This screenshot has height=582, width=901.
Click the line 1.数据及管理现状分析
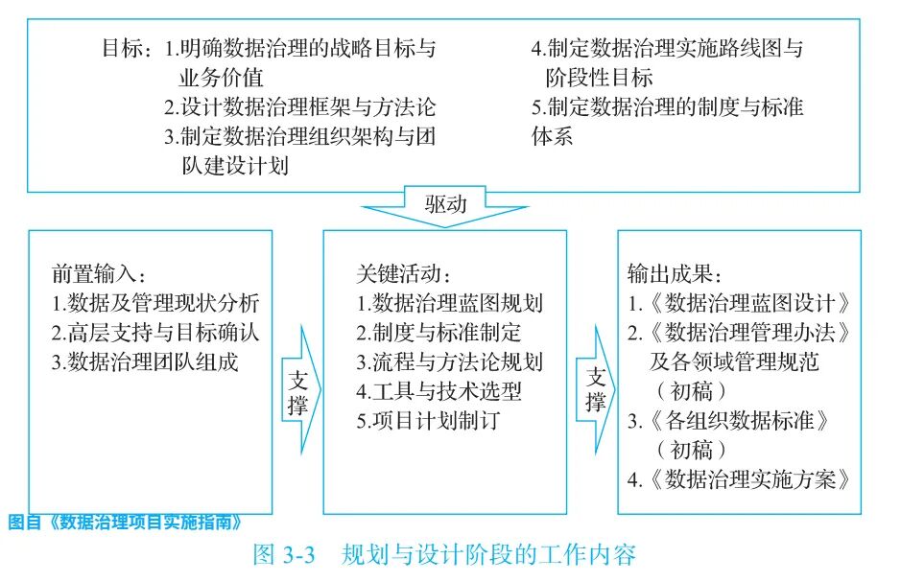(156, 305)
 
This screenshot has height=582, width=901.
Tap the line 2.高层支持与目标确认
(156, 334)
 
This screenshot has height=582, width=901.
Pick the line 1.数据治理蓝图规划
(449, 305)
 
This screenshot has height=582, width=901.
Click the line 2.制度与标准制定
(439, 334)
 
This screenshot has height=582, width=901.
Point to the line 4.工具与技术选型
(439, 392)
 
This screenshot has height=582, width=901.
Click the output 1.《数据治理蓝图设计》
(739, 305)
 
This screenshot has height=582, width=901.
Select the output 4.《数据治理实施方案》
(739, 479)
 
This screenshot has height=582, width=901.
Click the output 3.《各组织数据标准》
(728, 421)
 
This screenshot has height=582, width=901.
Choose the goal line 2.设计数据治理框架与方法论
(299, 107)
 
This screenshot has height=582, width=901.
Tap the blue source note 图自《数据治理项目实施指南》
(124, 523)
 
